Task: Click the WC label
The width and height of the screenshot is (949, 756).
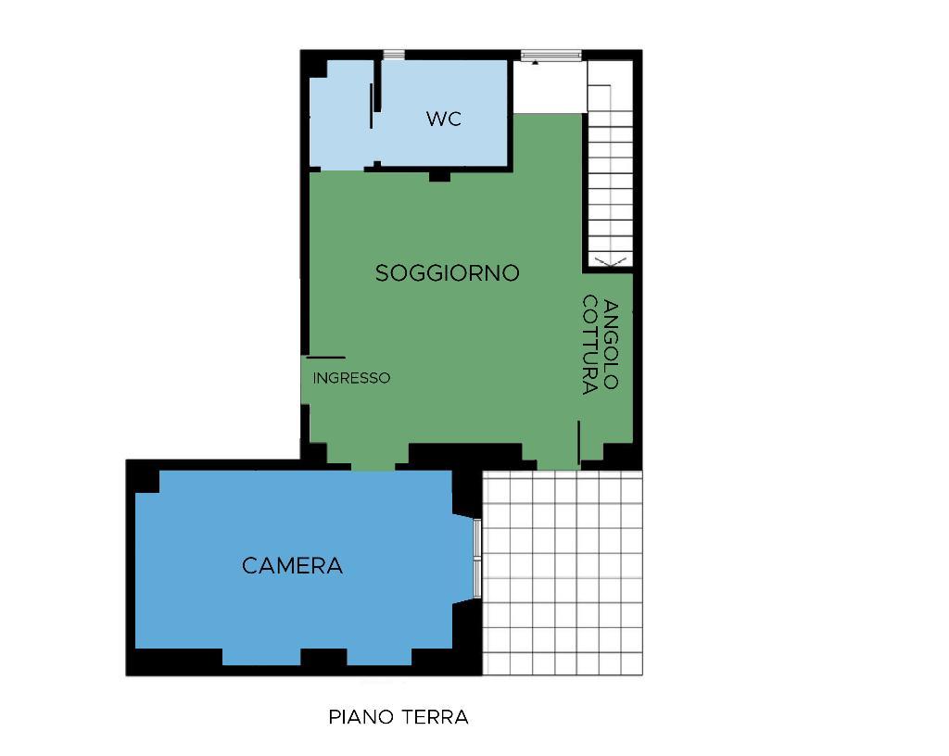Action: point(444,119)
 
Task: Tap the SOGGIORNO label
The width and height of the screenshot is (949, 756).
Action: point(448,272)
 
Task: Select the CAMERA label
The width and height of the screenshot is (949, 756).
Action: point(292,565)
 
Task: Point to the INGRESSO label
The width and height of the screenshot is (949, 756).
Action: point(351,378)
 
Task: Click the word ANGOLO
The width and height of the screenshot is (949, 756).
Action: point(612,344)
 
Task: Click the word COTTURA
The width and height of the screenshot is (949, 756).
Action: point(590,345)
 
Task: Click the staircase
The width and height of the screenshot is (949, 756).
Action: point(610,163)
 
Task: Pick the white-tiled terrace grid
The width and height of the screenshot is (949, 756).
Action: point(563,573)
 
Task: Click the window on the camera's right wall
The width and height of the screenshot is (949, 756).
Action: point(477,558)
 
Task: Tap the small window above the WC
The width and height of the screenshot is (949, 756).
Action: point(394,55)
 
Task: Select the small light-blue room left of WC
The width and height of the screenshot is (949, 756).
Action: point(340,115)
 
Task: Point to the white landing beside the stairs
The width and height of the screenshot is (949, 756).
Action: point(550,86)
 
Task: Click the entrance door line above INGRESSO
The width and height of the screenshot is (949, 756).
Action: point(325,358)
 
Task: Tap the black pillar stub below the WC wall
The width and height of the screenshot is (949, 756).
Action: point(440,177)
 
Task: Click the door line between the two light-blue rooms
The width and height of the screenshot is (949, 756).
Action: point(371,106)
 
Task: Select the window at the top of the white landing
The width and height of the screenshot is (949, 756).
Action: point(551,55)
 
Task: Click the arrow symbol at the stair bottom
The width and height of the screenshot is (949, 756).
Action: point(611,261)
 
